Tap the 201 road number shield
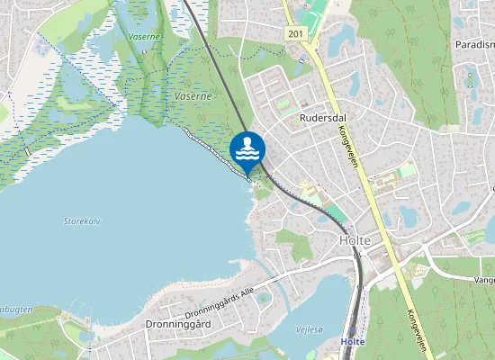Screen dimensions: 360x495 pos(296,33)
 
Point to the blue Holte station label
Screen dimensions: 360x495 pos(354,342)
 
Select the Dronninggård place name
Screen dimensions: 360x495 pos(176,323)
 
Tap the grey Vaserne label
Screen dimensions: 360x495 pos(193,95)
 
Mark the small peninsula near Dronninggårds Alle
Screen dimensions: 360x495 pos(244,265)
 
